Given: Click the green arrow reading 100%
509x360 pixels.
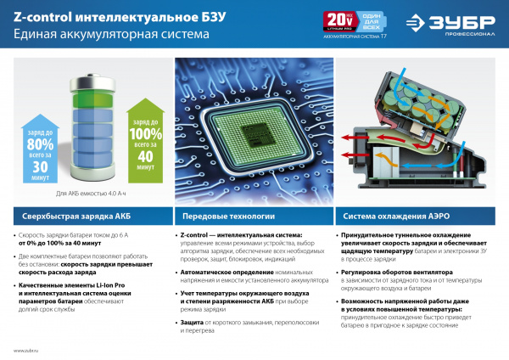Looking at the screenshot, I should [x=143, y=136].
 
